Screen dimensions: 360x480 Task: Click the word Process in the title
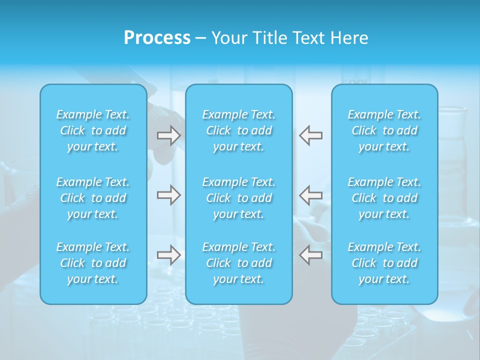157,38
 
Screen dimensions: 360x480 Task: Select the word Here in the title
349,38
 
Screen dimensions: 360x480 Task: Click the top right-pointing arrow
169,135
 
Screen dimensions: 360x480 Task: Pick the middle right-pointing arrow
169,194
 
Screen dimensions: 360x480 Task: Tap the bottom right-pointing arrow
169,255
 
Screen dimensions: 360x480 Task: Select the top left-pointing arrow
311,135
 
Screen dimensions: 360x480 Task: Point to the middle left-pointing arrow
311,194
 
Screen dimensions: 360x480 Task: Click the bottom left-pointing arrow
311,255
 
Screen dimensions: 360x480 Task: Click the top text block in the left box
93,130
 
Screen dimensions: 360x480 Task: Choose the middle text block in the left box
93,198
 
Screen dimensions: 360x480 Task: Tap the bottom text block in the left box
93,263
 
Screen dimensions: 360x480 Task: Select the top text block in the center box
239,130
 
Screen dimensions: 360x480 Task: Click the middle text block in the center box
239,198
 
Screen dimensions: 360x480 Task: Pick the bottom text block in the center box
239,263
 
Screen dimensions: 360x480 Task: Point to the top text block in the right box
384,130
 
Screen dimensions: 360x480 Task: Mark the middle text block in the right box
384,198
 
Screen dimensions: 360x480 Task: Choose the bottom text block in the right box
384,263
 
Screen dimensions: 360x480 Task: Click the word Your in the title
228,38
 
